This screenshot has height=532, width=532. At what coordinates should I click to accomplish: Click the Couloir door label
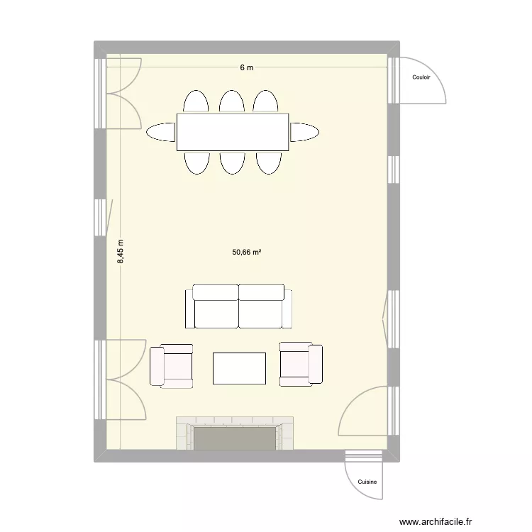(x=421, y=78)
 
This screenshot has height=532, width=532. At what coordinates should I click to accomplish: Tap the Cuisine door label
(x=367, y=482)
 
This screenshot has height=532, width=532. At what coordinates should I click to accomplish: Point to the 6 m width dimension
(x=246, y=67)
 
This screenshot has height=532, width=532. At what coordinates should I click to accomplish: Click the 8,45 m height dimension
(x=121, y=252)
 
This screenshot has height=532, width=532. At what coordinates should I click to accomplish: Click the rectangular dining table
(x=233, y=132)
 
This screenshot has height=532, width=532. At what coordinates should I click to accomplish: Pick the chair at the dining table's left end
(x=161, y=132)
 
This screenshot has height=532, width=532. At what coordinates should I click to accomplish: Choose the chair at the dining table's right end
(x=304, y=132)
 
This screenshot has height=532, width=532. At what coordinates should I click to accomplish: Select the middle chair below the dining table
(x=232, y=162)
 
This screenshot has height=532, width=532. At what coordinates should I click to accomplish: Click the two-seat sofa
(x=238, y=306)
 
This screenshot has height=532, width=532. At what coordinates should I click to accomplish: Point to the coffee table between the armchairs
(x=240, y=368)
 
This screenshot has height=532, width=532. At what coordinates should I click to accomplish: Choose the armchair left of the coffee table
(x=172, y=366)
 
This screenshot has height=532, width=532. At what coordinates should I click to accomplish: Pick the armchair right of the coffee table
(x=301, y=364)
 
